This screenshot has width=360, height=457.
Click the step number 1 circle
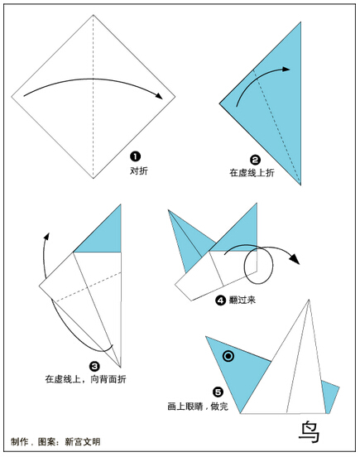coord(135,156)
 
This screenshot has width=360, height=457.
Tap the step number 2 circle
coord(255,160)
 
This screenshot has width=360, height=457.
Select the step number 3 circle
coord(94,367)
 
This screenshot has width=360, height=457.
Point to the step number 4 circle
coord(220,300)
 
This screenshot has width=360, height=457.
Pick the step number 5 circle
coord(218,392)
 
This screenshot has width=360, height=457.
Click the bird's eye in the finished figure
coord(228,356)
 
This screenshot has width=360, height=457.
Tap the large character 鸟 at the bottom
coord(310,431)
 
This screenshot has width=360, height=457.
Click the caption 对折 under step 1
coord(139,171)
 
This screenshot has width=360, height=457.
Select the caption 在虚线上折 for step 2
coord(252,173)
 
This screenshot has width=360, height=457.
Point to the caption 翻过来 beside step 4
coord(242,300)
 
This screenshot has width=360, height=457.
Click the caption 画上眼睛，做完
coord(198,406)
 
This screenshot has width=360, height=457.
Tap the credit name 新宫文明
coord(83,441)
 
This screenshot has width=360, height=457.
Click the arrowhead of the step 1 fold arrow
coord(159,96)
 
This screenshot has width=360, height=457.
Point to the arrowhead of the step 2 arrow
coord(286,69)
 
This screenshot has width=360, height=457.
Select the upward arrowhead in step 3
coord(46,236)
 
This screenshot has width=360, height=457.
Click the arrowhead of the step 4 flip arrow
coord(295,259)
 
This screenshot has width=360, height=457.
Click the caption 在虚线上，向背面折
coord(85,379)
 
